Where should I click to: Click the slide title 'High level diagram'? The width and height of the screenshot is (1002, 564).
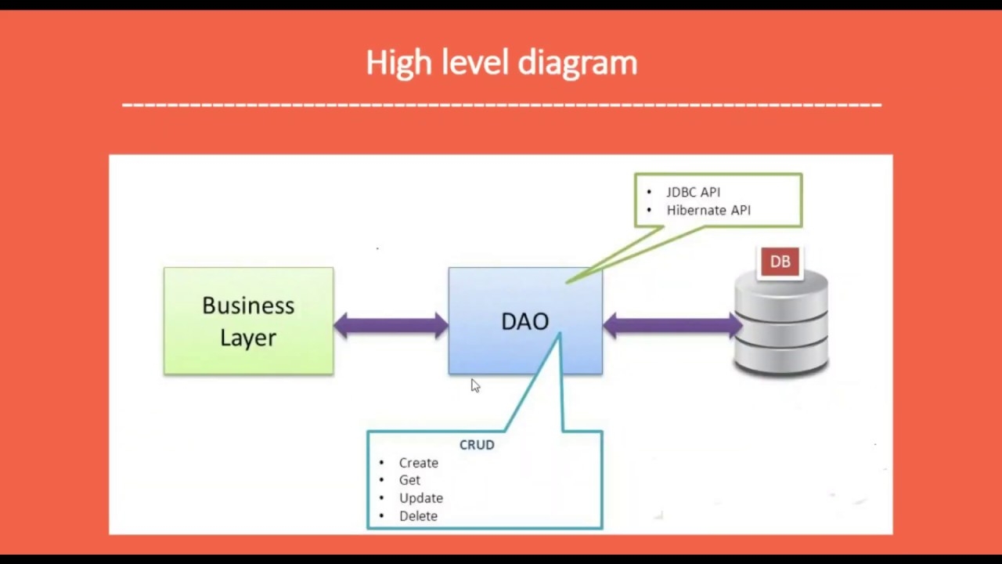coord(501,63)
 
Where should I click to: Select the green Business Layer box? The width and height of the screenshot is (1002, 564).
coord(248,321)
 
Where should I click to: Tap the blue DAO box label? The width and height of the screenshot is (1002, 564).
coord(524,321)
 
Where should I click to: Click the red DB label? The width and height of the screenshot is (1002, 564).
coord(780,262)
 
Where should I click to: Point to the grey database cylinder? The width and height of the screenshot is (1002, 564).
coord(781,329)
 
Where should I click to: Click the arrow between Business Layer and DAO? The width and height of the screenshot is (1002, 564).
coord(391,325)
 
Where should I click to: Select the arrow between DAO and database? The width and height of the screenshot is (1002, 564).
coord(672,325)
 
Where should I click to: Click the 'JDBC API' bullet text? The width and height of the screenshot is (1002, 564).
coord(693,192)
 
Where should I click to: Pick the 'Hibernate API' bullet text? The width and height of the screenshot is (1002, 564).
coord(708,210)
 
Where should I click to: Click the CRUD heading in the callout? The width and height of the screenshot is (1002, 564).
coord(477,444)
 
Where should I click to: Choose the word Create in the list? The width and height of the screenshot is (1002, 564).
coord(418,463)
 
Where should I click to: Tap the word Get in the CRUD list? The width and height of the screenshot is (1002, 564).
coord(409,480)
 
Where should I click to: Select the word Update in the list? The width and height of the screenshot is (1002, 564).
coord(420,498)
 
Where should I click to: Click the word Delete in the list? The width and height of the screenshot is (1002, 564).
coord(418,516)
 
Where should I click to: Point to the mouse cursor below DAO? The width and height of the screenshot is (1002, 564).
coord(474,385)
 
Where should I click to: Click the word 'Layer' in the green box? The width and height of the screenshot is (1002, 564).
coord(247,338)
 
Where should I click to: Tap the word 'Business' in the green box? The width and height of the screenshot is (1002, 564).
coord(248,305)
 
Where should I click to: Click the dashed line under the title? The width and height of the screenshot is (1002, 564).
coord(501,103)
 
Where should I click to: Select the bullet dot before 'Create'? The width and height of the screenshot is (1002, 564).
coord(381,463)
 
